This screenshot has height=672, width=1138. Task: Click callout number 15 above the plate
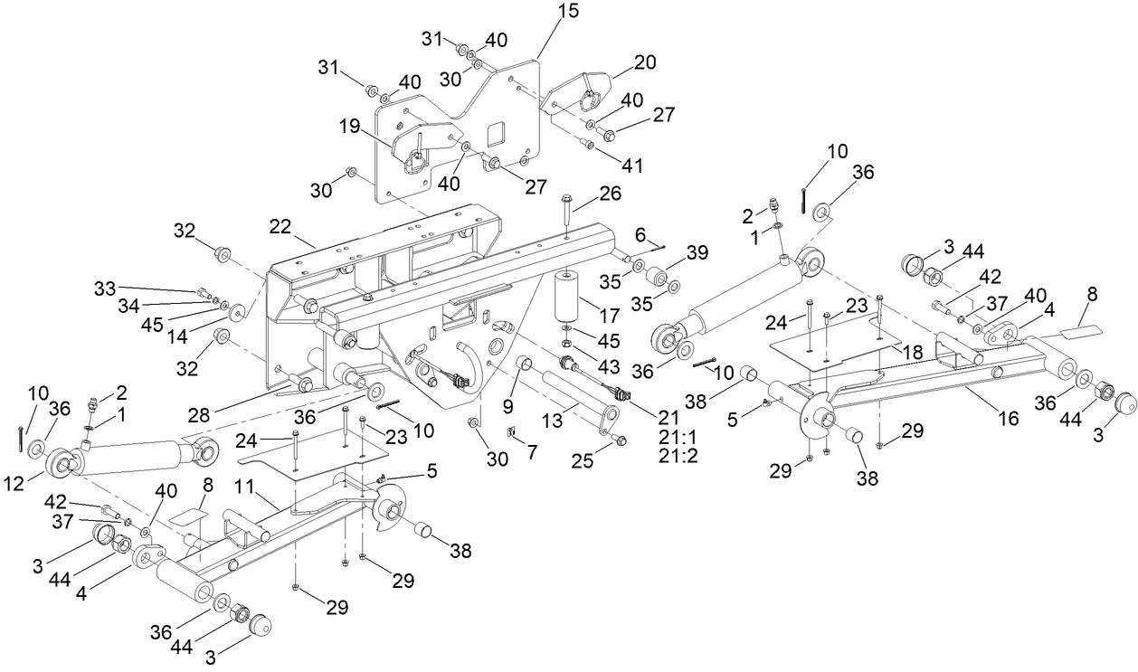569,11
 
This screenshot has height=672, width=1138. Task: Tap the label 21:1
678,437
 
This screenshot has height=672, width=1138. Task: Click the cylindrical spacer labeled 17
568,294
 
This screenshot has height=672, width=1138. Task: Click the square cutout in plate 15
498,136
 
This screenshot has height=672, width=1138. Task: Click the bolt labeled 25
620,440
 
